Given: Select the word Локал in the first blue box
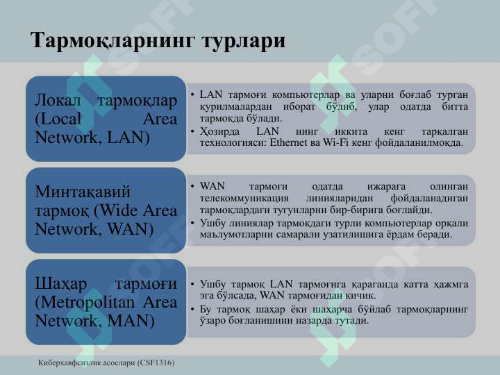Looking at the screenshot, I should point(60,101).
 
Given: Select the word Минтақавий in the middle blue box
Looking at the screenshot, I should point(83,192).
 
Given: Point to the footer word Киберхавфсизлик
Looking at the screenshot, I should point(69,362).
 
